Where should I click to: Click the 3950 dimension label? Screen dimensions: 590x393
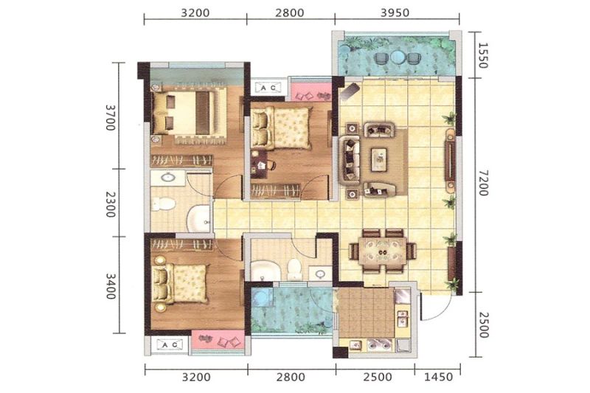[395, 13]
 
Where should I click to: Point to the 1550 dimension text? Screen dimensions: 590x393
[483, 55]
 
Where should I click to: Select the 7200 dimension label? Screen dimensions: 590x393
[483, 183]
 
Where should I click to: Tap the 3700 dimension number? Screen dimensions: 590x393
[110, 117]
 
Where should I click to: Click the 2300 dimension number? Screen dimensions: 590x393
[110, 204]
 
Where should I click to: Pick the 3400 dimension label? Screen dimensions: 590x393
[110, 286]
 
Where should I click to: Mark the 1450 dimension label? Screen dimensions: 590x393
[438, 377]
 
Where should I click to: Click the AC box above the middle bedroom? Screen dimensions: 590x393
[268, 88]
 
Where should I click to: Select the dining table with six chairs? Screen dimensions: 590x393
[383, 251]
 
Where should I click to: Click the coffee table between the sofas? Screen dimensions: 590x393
[379, 159]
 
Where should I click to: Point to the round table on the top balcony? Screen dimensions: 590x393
[398, 58]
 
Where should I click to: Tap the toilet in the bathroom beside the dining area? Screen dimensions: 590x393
[294, 268]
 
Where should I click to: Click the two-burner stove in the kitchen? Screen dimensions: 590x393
[380, 345]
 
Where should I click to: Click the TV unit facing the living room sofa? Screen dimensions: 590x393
[450, 159]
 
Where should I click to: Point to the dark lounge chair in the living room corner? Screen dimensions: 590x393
[349, 90]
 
